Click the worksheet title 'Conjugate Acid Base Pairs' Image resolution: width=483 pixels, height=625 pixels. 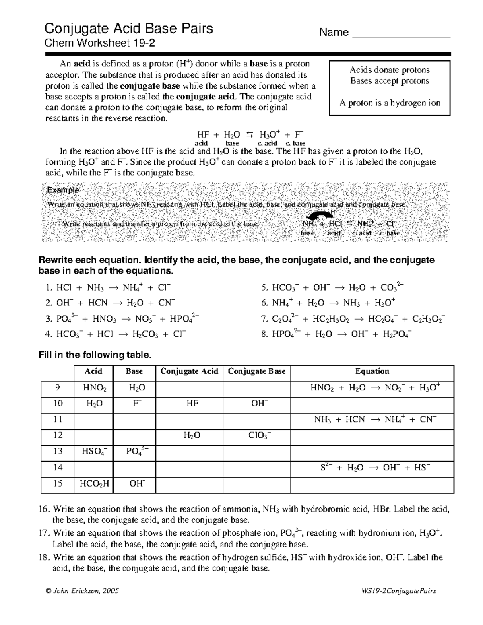pyautogui.click(x=128, y=29)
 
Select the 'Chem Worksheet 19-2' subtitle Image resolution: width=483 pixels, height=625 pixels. pyautogui.click(x=99, y=43)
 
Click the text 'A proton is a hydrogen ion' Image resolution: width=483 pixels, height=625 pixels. pyautogui.click(x=389, y=103)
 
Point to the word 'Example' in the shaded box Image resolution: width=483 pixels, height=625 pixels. pyautogui.click(x=63, y=190)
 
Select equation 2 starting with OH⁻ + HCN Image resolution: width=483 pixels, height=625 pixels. pyautogui.click(x=111, y=303)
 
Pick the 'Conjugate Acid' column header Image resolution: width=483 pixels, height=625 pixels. pyautogui.click(x=189, y=371)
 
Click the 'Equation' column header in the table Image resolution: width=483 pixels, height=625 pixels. pyautogui.click(x=372, y=371)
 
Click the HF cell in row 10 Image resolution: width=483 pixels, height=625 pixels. pyautogui.click(x=192, y=403)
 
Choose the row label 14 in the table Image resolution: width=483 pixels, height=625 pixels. pyautogui.click(x=58, y=468)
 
